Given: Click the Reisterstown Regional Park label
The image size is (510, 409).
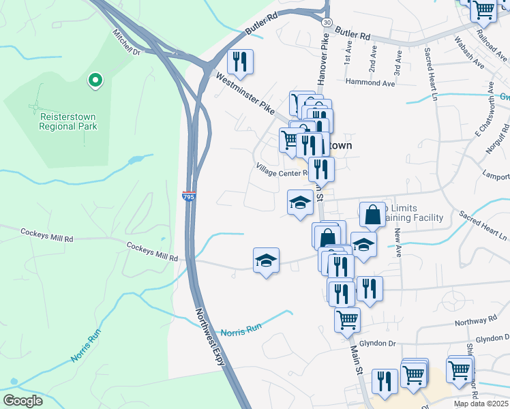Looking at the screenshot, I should pos(68,121).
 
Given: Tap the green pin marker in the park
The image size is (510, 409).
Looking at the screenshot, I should pos(95,81).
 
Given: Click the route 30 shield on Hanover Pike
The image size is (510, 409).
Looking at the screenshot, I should pos(327,22).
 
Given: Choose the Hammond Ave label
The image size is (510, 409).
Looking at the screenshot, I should pos(370,83).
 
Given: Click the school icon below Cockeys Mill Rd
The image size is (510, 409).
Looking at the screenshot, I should pos(266,260).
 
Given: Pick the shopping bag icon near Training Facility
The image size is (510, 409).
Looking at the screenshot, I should pos(373,215).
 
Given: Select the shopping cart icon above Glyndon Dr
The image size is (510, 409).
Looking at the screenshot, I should pos(347,318).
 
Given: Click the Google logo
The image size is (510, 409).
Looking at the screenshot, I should pos(23,401).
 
